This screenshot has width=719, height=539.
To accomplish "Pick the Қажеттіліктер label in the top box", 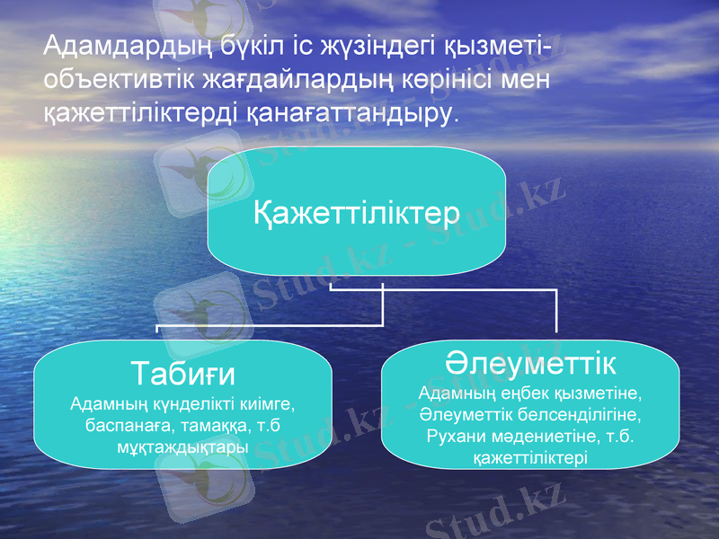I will coord(357,214).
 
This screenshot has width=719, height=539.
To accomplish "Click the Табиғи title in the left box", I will coord(183,372).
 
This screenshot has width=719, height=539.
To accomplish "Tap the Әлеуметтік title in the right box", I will coord(531,363).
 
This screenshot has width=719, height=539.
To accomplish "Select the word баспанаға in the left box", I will coord(125,425).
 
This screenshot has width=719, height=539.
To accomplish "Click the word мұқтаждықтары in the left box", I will coord(183,446).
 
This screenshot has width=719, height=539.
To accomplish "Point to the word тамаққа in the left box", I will coord(209,425).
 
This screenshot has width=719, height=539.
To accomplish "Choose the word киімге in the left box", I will coord(267,404).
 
